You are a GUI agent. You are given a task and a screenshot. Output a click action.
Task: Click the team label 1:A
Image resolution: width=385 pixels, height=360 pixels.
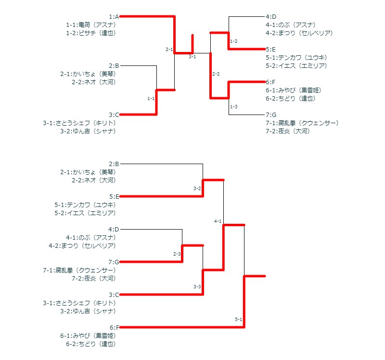(114, 16)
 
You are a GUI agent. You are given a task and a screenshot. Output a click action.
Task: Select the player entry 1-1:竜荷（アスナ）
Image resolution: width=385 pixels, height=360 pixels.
(91, 25)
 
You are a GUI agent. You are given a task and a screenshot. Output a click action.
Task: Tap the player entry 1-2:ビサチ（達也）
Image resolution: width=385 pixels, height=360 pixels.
(91, 33)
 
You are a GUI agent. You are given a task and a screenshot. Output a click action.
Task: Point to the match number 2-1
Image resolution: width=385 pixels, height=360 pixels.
(169, 49)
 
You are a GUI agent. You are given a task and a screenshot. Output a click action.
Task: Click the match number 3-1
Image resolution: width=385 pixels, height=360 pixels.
(192, 57)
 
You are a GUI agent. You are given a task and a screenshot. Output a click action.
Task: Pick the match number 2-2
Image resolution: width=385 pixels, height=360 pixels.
(216, 74)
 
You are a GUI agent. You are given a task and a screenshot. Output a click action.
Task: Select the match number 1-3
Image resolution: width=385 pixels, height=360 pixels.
(234, 106)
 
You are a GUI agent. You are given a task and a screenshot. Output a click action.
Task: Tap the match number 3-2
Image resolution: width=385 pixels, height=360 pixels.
(197, 188)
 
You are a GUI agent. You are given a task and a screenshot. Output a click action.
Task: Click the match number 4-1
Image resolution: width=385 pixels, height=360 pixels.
(218, 221)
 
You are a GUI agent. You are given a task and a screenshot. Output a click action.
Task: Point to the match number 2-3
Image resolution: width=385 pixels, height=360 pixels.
(177, 254)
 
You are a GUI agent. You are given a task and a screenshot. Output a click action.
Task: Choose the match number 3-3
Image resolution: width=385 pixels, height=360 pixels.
(197, 286)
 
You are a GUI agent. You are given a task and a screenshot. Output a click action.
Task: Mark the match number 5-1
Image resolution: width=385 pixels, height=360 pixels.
(239, 319)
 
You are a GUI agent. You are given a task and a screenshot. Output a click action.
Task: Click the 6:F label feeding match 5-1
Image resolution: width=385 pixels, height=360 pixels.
(114, 327)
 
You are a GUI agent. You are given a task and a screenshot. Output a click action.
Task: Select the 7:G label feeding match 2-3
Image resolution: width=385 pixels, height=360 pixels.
(114, 262)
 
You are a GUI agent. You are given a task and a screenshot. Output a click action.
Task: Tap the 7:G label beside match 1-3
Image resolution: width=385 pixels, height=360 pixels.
(271, 115)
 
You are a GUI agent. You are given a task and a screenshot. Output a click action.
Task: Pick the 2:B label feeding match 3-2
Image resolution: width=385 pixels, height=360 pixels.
(114, 164)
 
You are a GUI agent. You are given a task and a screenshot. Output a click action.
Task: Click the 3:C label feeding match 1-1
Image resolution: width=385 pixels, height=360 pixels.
(114, 115)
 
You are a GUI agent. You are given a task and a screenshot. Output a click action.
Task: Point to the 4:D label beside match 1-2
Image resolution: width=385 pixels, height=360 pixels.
(271, 16)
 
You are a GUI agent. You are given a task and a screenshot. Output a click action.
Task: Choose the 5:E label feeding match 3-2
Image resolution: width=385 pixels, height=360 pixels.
(114, 196)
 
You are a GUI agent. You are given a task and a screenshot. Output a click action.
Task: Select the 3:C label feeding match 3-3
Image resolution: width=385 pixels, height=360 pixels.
(114, 295)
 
